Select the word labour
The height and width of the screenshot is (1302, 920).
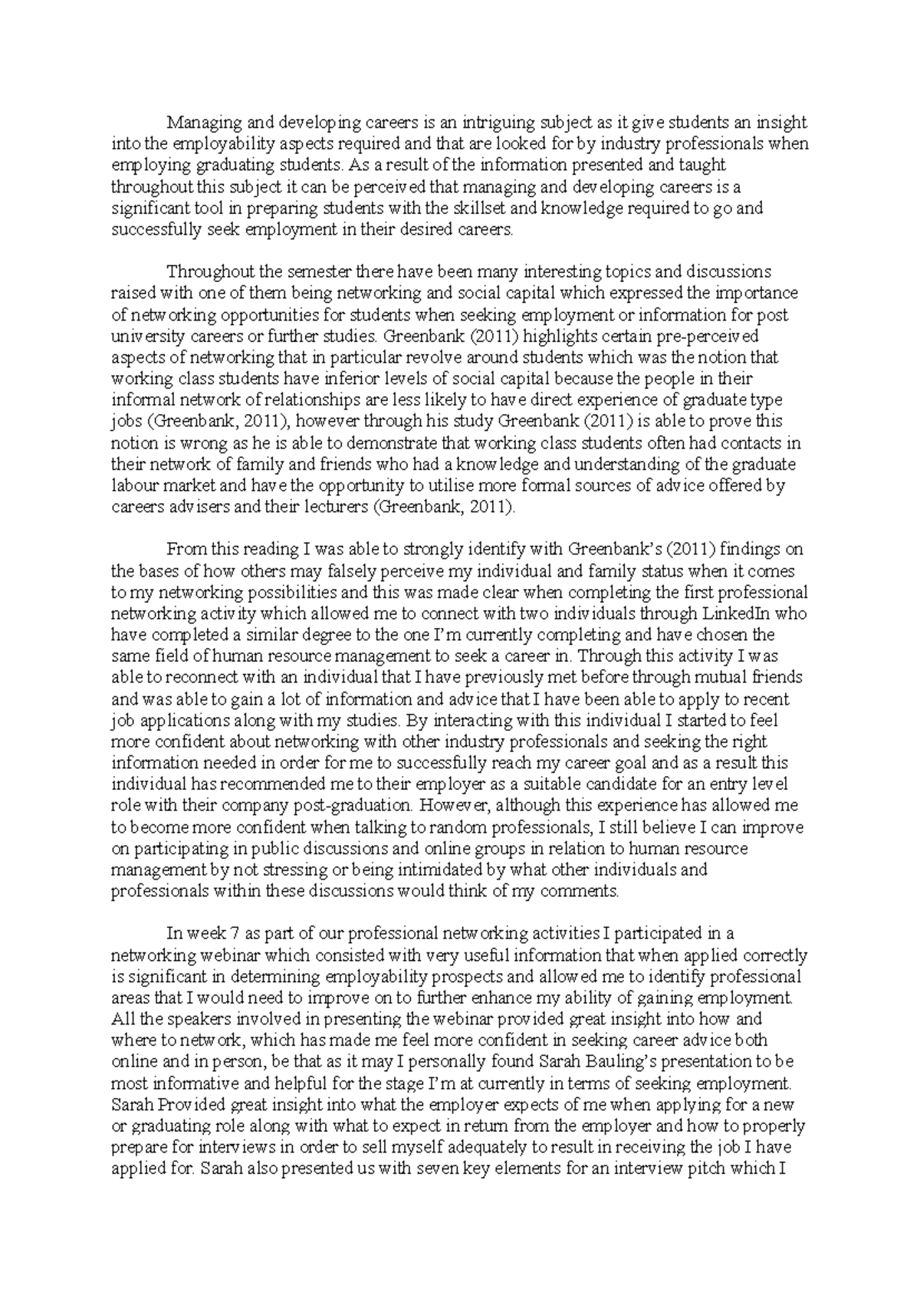tap(132, 485)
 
